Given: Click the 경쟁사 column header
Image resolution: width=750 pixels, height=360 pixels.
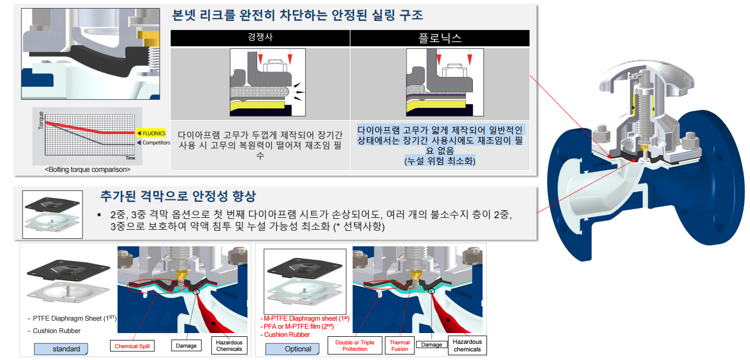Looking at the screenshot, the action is [x=260, y=37].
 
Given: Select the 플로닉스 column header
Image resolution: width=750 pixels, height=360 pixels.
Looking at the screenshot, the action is [x=440, y=38].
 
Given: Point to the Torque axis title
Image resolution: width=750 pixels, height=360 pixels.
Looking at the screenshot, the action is [x=41, y=120].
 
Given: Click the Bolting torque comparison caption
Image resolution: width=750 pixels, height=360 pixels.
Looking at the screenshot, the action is [x=88, y=170].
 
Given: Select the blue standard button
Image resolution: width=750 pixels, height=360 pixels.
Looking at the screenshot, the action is [x=61, y=349].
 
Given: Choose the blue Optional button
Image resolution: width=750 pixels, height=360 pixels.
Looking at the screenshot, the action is [x=292, y=349].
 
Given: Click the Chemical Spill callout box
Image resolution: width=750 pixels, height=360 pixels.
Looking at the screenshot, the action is [x=132, y=346].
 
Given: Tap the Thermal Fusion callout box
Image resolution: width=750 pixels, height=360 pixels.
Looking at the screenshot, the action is [x=400, y=345].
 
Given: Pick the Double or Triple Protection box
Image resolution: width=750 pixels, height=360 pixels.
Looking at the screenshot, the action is [x=355, y=345].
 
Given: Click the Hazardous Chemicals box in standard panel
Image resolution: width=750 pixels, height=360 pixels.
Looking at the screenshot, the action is [x=229, y=345].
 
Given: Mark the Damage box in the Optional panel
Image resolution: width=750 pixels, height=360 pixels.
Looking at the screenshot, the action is [x=431, y=344].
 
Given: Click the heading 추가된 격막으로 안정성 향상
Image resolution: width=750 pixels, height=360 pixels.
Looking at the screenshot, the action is [x=178, y=196].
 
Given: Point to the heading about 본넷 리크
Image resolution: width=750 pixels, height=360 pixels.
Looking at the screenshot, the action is [x=297, y=16].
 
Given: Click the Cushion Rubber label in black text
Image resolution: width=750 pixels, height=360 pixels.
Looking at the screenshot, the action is [x=57, y=330].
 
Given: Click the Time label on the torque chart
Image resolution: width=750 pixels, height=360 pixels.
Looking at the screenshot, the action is [x=130, y=158].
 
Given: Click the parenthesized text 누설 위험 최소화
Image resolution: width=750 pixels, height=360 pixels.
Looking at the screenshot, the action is [x=439, y=161].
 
